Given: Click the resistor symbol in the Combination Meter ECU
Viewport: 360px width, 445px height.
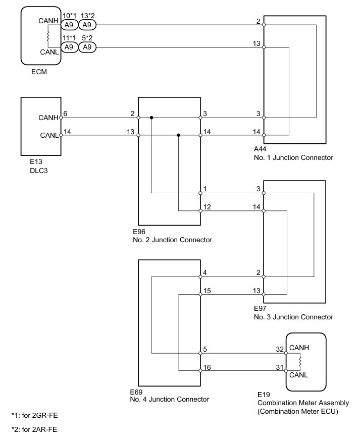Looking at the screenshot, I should click(300, 362).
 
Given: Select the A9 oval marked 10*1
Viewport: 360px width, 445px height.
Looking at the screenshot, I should click(69, 24).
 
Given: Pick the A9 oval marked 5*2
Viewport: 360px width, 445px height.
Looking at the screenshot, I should click(87, 47).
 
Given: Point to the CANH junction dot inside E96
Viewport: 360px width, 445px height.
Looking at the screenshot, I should click(151, 118).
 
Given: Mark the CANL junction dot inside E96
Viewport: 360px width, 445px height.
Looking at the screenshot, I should click(179, 135).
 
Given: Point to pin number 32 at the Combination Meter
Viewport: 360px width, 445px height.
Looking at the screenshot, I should click(279, 348).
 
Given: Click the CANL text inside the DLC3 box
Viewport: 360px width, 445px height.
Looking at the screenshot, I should click(48, 135).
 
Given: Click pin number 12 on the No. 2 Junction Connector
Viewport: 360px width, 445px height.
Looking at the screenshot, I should click(206, 206).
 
